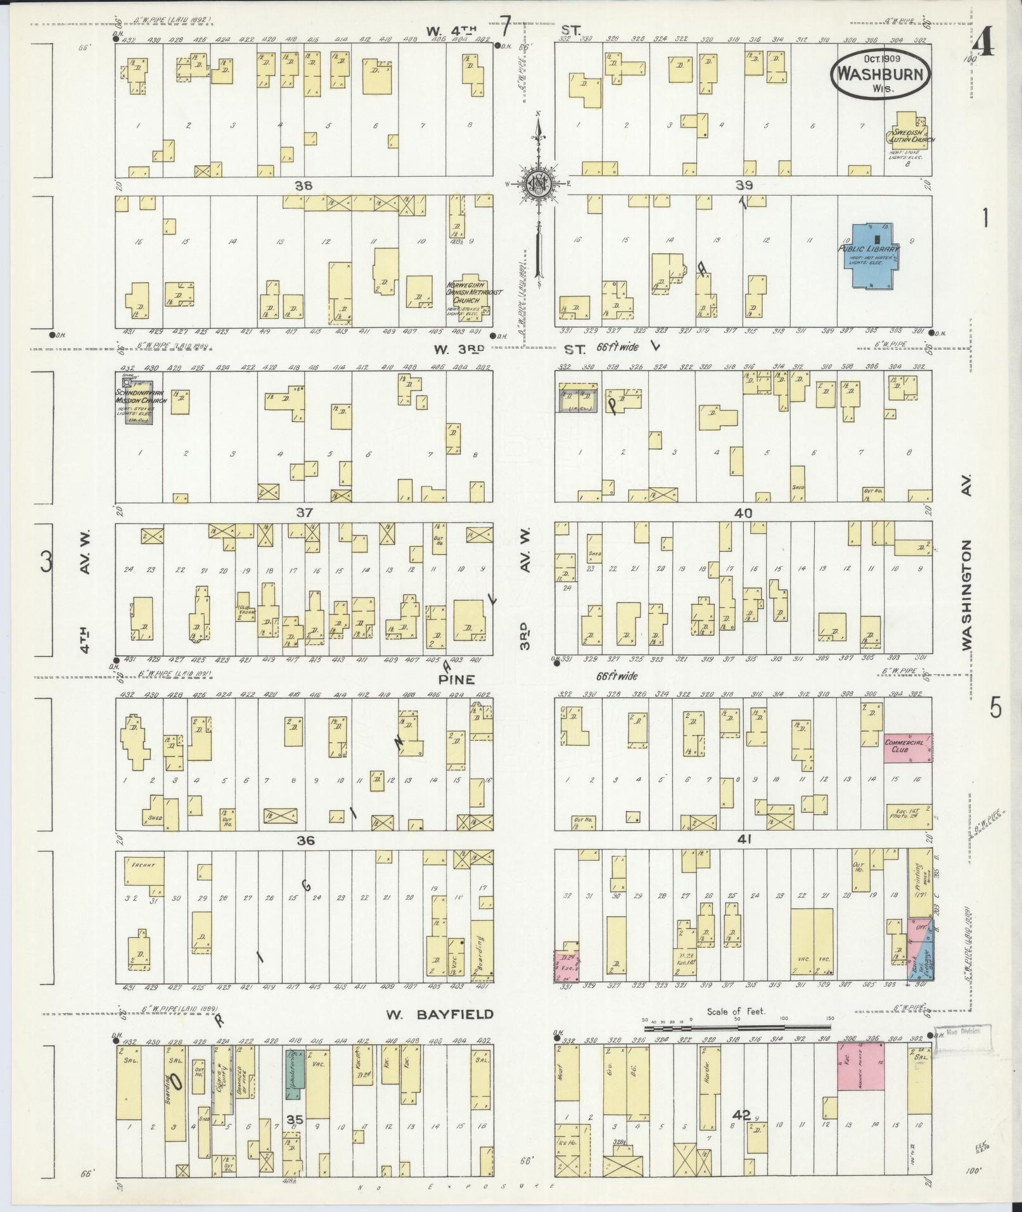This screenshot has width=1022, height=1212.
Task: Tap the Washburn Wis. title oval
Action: (x=881, y=73)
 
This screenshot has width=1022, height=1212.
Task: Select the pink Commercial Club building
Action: (x=907, y=748)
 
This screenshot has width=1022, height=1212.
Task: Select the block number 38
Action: (x=303, y=186)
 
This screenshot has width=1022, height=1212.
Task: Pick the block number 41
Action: (x=743, y=839)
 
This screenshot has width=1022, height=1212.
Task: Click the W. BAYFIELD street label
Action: (x=440, y=1014)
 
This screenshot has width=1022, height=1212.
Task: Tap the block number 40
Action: (x=743, y=513)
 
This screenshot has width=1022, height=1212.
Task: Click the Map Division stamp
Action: (x=960, y=1031)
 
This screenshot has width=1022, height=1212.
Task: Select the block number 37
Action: (x=304, y=512)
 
